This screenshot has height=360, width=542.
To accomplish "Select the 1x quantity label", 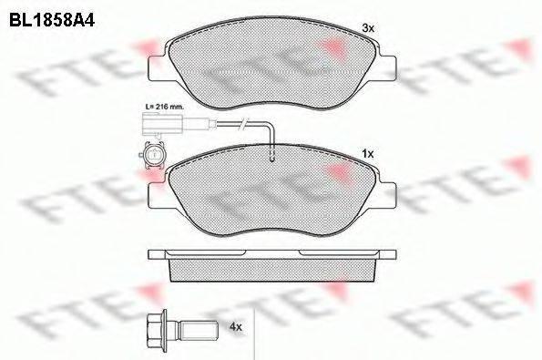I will coord(368,154).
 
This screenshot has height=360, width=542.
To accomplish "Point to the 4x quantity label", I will coord(237,324).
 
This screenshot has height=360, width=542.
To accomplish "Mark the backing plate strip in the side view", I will coord(273,252).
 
